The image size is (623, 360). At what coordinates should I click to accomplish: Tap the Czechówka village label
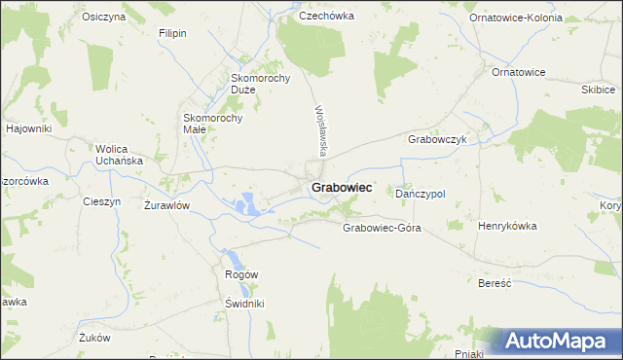point(325,16)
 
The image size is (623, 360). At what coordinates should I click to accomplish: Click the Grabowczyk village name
point(438,139)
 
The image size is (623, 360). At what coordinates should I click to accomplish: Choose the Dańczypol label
point(421,194)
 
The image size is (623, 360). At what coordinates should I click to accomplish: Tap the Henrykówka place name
point(507,225)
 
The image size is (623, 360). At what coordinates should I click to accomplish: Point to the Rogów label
point(241,274)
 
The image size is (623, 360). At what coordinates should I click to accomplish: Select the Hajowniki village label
point(27,128)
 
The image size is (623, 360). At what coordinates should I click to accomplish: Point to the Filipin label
point(172,32)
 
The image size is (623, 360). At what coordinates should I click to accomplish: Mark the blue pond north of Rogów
point(237,259)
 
